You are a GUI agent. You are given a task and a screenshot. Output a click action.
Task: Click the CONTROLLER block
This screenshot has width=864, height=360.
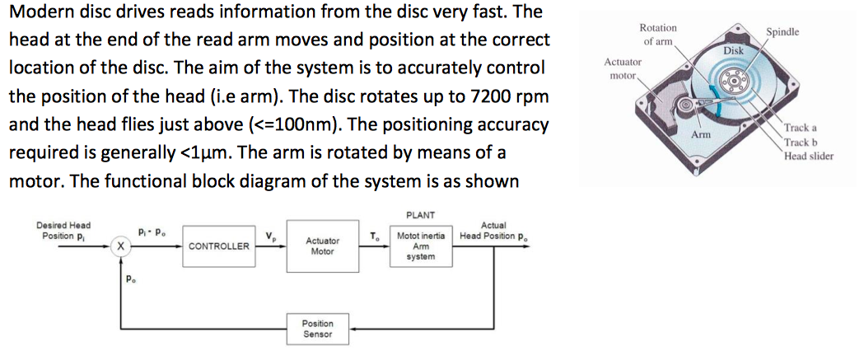[x=219, y=245]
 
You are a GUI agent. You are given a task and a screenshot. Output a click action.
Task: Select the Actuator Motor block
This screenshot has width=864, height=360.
[x=322, y=245]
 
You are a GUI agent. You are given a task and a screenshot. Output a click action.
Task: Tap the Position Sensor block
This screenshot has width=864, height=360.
[x=317, y=330]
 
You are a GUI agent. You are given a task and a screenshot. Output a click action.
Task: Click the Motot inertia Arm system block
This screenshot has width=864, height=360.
[x=420, y=245]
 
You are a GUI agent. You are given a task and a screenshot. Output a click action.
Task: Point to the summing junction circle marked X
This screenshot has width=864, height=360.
[x=119, y=246]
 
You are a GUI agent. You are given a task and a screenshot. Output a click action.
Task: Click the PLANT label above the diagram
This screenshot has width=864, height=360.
[x=420, y=214]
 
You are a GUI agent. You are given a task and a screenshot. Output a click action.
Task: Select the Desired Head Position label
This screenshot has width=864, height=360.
[x=63, y=231]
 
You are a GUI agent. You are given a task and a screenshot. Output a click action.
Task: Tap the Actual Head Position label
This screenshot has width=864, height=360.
[x=493, y=231]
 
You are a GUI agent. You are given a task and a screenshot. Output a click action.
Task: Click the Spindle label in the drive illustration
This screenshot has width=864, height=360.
[x=782, y=32]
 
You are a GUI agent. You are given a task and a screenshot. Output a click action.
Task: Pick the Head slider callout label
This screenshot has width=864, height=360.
[x=809, y=157]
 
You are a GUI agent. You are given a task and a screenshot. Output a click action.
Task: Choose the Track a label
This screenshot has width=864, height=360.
[x=801, y=128]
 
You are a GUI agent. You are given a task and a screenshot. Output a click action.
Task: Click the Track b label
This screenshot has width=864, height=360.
[x=801, y=143]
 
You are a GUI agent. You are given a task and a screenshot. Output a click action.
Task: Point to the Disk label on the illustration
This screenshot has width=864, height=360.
[x=733, y=51]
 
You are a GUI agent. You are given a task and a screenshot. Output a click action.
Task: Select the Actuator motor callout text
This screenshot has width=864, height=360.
[x=623, y=68]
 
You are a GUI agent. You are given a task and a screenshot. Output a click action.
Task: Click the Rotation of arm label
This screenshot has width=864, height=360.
[x=658, y=34]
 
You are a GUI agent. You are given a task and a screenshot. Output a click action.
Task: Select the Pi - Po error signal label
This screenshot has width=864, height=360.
[x=152, y=232]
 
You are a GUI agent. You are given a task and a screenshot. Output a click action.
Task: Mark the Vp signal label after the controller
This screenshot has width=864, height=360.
[x=269, y=237]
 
